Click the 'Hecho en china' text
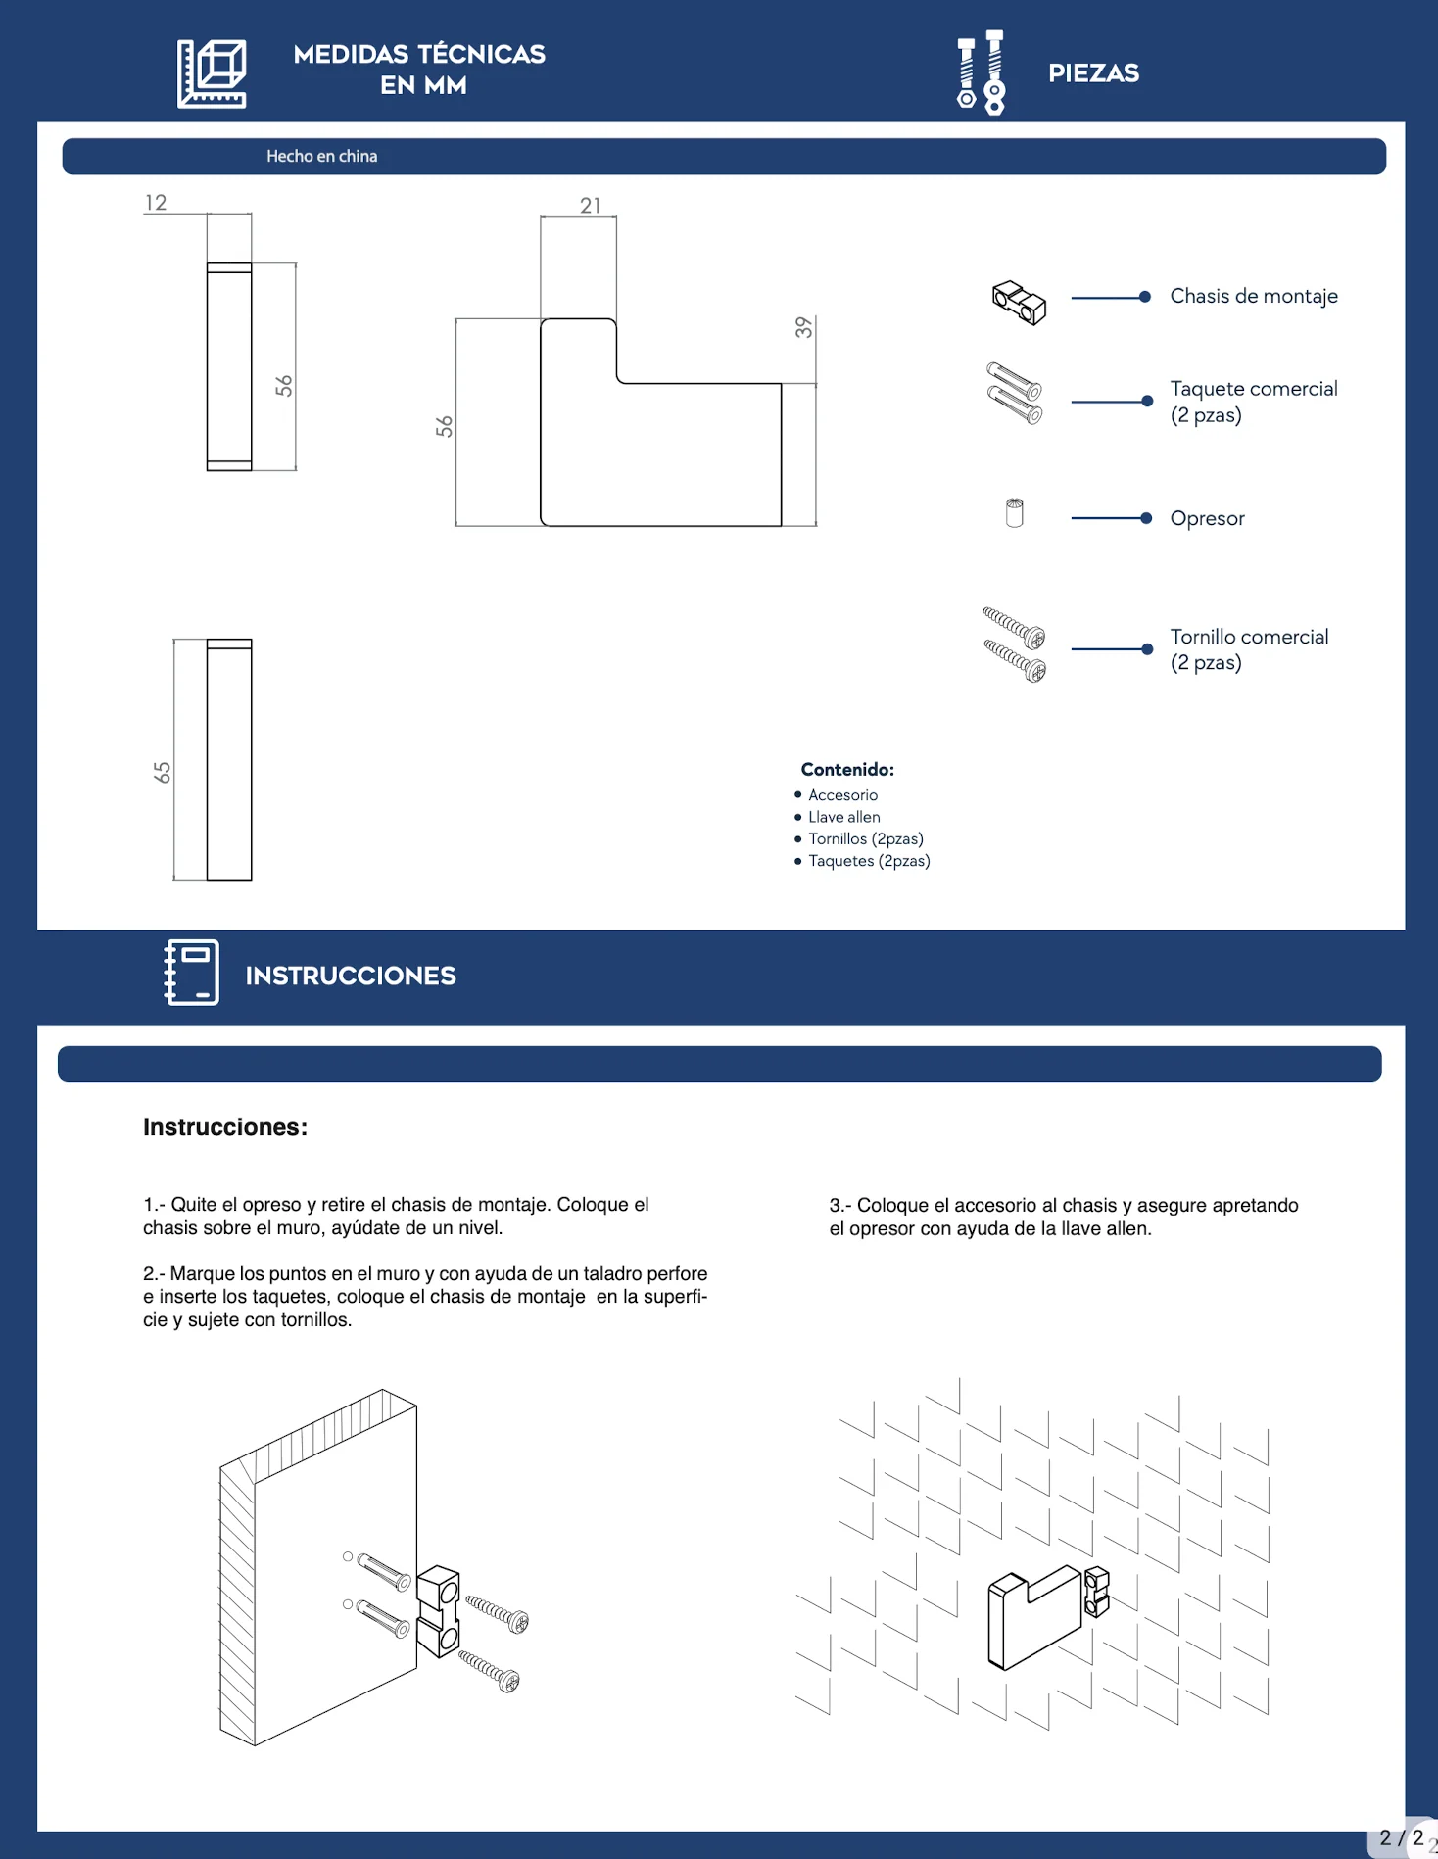pyautogui.click(x=321, y=156)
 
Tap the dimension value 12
pyautogui.click(x=156, y=203)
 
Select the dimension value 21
pyautogui.click(x=591, y=206)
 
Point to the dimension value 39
pyautogui.click(x=804, y=327)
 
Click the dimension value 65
pyautogui.click(x=163, y=773)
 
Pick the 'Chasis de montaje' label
pyautogui.click(x=1254, y=296)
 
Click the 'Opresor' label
pyautogui.click(x=1207, y=518)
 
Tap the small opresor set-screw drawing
pyautogui.click(x=1015, y=513)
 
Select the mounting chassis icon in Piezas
pyautogui.click(x=1019, y=303)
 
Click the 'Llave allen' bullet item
pyautogui.click(x=844, y=817)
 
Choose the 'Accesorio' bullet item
pyautogui.click(x=842, y=795)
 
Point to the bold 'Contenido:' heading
pyautogui.click(x=847, y=770)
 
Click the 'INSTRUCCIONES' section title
pyautogui.click(x=351, y=976)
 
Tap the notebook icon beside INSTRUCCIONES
pyautogui.click(x=192, y=973)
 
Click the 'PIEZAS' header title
pyautogui.click(x=1094, y=73)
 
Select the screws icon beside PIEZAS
pyautogui.click(x=982, y=72)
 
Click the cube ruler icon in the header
pyautogui.click(x=212, y=73)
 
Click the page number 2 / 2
pyautogui.click(x=1402, y=1837)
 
